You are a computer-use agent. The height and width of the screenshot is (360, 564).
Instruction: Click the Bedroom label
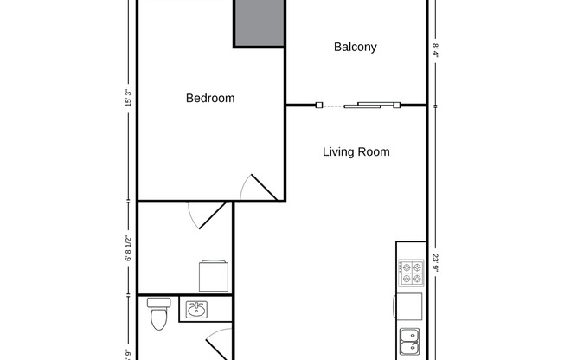[210, 99]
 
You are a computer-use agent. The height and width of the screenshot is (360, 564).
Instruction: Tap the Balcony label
[355, 48]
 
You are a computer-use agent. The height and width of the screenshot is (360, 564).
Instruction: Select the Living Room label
[356, 152]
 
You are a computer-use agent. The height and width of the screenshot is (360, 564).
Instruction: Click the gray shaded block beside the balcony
[259, 23]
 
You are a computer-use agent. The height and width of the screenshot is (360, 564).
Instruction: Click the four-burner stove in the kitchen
[411, 273]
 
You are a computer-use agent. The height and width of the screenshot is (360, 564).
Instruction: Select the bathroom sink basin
[195, 308]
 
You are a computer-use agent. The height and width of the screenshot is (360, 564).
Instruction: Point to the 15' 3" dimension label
[128, 98]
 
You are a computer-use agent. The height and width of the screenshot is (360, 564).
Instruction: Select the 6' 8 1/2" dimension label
[128, 247]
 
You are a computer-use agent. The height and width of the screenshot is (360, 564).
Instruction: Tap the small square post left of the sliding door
[319, 106]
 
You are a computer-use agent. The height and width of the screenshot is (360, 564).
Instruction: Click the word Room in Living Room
[375, 152]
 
